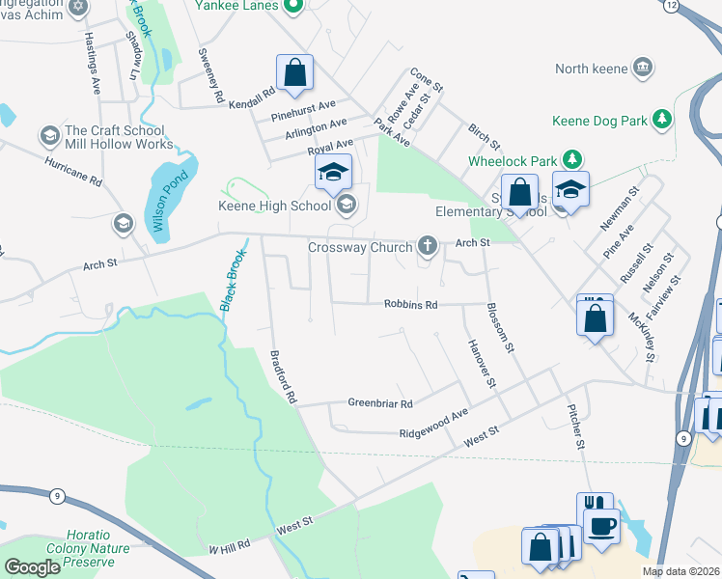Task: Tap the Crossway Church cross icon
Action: (428, 247)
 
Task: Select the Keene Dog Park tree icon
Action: (661, 121)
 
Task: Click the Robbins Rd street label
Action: (411, 304)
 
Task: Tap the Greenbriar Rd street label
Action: (380, 403)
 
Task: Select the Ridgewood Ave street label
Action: (434, 424)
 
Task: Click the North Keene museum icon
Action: (642, 68)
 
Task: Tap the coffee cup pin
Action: (601, 527)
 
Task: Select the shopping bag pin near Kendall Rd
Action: (294, 71)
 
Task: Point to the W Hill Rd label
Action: (230, 547)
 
